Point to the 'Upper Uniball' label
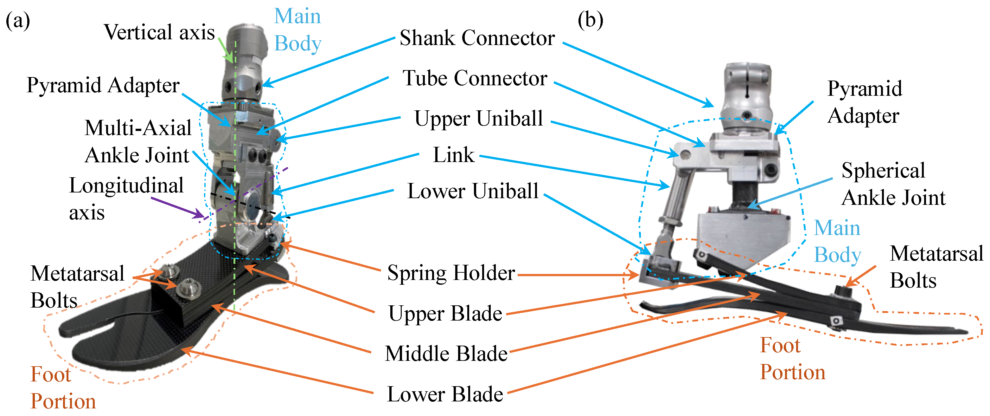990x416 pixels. (478, 118)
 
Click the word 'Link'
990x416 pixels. (453, 155)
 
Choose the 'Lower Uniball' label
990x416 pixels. (473, 191)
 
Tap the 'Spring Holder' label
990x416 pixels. (451, 273)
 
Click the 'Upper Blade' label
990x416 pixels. (445, 314)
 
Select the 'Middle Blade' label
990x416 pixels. (446, 354)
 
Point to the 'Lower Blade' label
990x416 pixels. (445, 394)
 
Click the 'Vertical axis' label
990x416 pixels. (159, 32)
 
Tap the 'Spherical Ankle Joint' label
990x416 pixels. (893, 184)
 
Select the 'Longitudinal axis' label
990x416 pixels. (126, 199)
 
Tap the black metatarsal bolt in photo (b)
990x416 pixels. (844, 291)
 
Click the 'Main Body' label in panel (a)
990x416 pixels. (297, 30)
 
